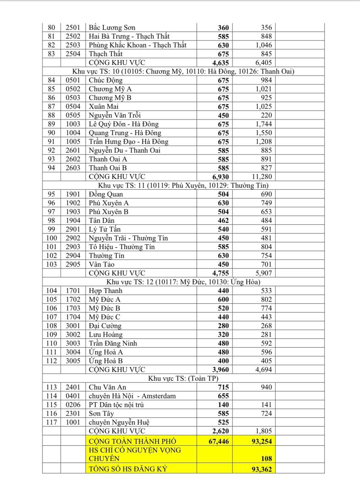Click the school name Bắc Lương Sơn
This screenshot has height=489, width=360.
pyautogui.click(x=112, y=28)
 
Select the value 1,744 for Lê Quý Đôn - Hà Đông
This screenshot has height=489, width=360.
pyautogui.click(x=263, y=124)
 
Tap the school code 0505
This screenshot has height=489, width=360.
pyautogui.click(x=73, y=115)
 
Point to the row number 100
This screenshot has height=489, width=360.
pyautogui.click(x=51, y=238)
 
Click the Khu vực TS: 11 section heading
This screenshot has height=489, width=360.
pyautogui.click(x=183, y=186)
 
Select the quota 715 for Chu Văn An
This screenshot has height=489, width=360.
pyautogui.click(x=223, y=387)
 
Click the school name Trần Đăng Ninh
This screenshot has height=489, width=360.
pyautogui.click(x=113, y=343)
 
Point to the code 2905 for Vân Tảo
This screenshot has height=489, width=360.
pyautogui.click(x=73, y=264)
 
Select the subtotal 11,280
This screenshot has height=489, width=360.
pyautogui.click(x=261, y=177)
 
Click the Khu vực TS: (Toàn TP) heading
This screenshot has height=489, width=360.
pyautogui.click(x=183, y=379)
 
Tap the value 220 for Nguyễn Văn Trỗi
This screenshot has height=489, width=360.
pyautogui.click(x=266, y=115)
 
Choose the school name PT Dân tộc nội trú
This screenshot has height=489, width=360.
pyautogui.click(x=116, y=405)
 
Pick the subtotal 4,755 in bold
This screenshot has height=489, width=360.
pyautogui.click(x=220, y=273)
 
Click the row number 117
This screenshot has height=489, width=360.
pyautogui.click(x=51, y=422)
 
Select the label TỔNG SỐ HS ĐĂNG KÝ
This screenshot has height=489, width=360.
pyautogui.click(x=128, y=469)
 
